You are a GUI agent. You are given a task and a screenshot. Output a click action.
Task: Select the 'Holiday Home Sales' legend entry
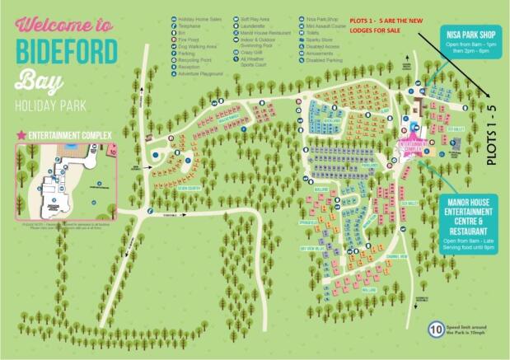pyautogui.click(x=199, y=16)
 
